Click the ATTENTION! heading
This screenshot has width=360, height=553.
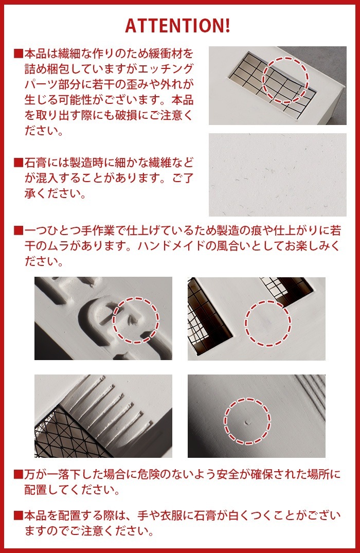(x=177, y=26)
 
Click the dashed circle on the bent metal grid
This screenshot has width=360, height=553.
(x=285, y=80)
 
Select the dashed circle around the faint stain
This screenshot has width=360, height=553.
(x=267, y=323)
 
